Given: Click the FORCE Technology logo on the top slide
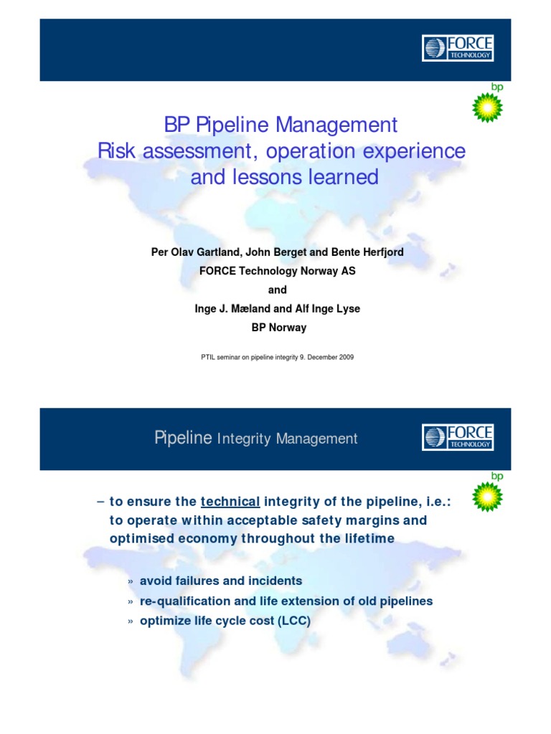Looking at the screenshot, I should [458, 48].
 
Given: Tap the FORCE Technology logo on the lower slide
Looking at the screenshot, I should [458, 437].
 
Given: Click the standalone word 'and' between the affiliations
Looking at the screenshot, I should [277, 290].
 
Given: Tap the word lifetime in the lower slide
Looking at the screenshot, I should [358, 538].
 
